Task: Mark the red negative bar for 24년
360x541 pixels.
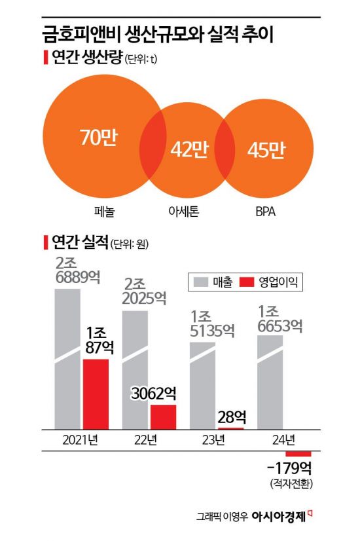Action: coord(298,454)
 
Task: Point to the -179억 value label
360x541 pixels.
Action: coord(291,470)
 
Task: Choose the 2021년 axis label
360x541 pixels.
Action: coord(79,440)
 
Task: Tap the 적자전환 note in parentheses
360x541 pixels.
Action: coord(291,485)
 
